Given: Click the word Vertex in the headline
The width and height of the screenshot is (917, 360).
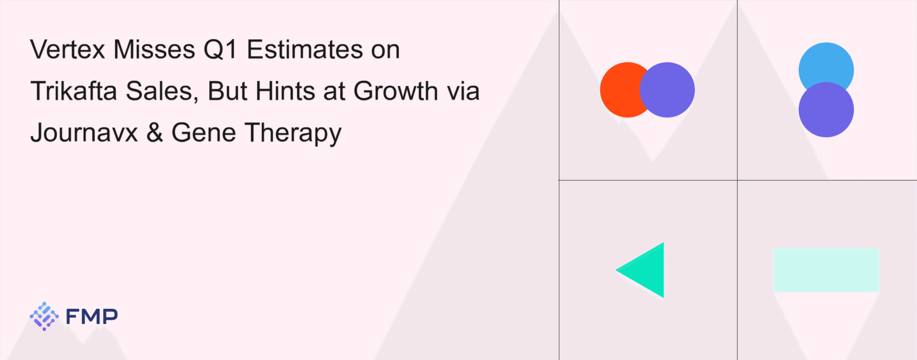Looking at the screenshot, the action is click(x=68, y=49).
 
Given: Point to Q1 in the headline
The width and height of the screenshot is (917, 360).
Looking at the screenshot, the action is click(x=221, y=49).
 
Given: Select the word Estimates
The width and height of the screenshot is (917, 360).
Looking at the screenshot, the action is click(x=305, y=49).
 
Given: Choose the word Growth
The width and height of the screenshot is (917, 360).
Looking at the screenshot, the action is click(x=396, y=91).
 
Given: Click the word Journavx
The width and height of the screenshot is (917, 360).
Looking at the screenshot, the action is click(x=84, y=132).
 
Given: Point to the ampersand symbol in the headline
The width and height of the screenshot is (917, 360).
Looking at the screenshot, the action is click(x=155, y=132).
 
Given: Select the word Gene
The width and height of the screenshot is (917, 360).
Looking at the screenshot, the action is click(x=204, y=132).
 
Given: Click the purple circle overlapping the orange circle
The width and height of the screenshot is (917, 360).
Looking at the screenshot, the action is click(x=667, y=89).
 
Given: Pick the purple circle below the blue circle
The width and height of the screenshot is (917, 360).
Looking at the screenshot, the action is click(x=826, y=109).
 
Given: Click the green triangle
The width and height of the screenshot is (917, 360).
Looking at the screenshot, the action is click(x=648, y=270).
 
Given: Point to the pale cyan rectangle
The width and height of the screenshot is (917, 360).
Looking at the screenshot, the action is click(x=826, y=270).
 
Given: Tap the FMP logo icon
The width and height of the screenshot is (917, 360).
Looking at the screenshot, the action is click(x=44, y=316).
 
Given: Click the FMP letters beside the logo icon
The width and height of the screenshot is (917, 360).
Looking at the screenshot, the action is click(x=92, y=316).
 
